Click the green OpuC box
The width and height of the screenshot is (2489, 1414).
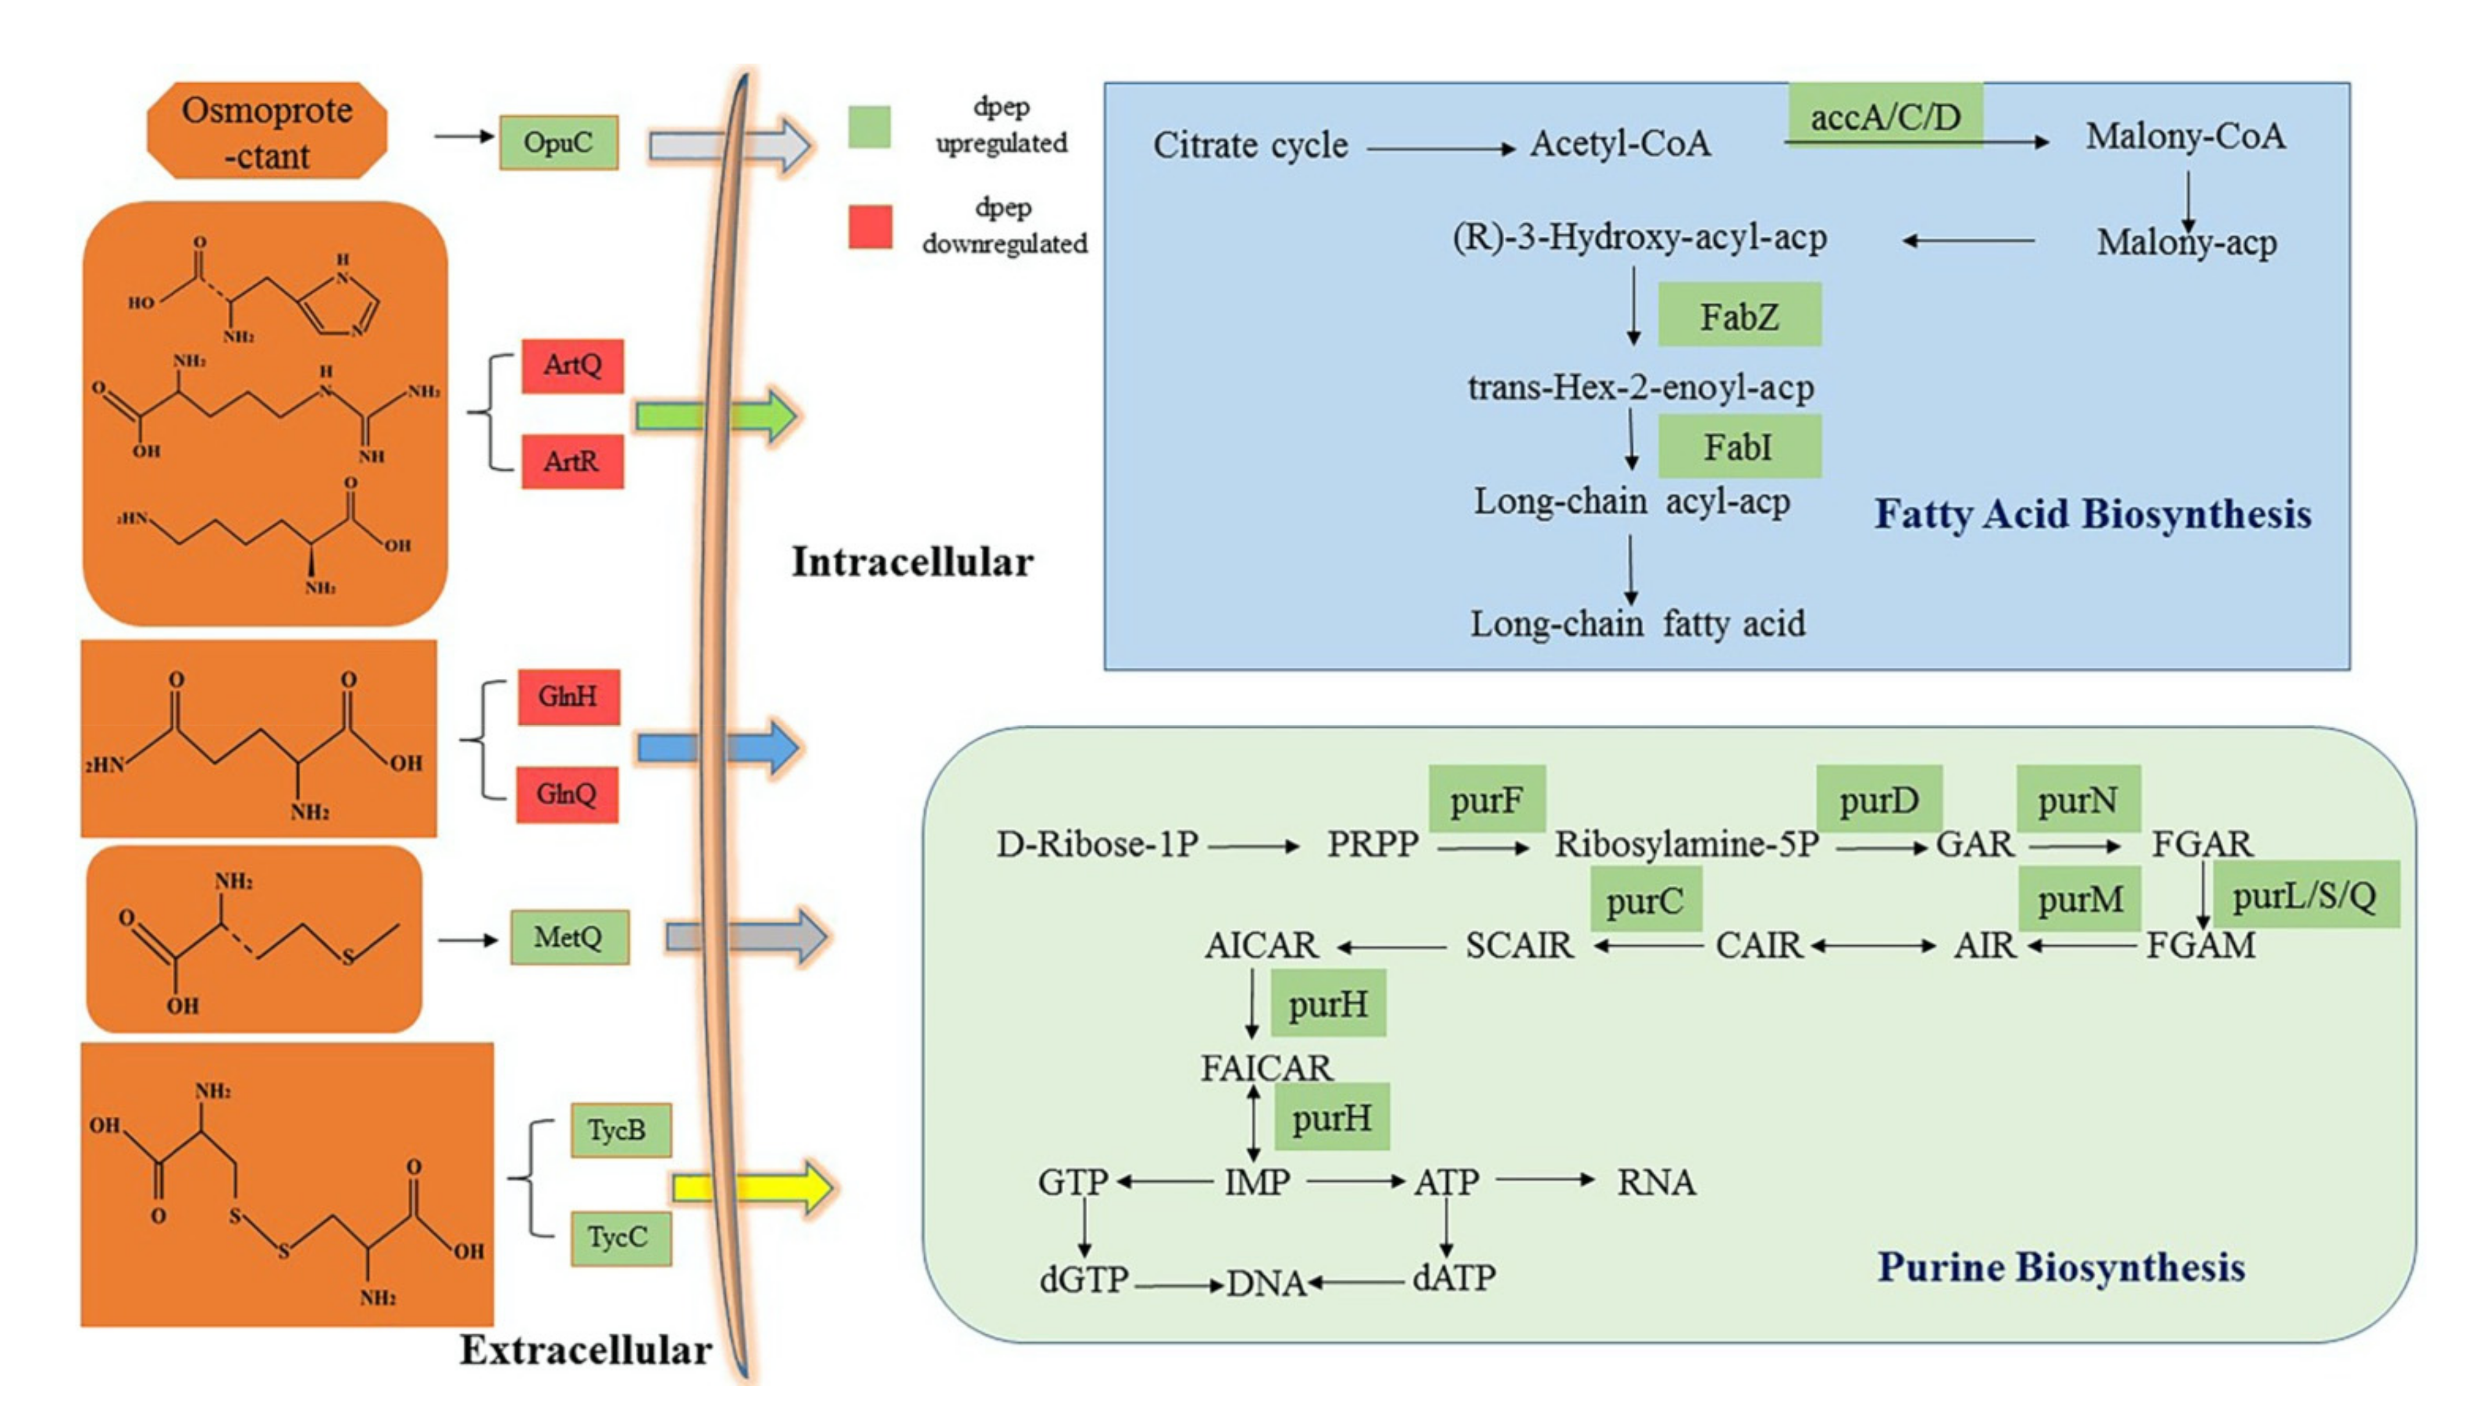(x=558, y=143)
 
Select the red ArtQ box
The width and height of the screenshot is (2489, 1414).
(x=572, y=365)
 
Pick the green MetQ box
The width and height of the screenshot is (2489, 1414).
(x=569, y=937)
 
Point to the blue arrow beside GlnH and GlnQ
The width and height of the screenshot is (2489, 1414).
(x=718, y=747)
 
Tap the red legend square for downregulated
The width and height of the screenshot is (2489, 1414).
(x=870, y=226)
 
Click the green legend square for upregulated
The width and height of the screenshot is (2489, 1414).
(x=869, y=126)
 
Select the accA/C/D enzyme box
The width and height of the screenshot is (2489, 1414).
(x=1885, y=116)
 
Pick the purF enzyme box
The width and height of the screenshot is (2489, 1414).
(x=1487, y=799)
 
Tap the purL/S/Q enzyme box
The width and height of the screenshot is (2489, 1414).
(x=2305, y=895)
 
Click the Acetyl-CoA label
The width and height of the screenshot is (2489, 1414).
(x=1620, y=144)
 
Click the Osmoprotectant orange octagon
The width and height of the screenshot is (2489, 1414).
(x=267, y=131)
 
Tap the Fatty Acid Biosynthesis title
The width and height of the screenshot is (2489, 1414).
(x=2093, y=514)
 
